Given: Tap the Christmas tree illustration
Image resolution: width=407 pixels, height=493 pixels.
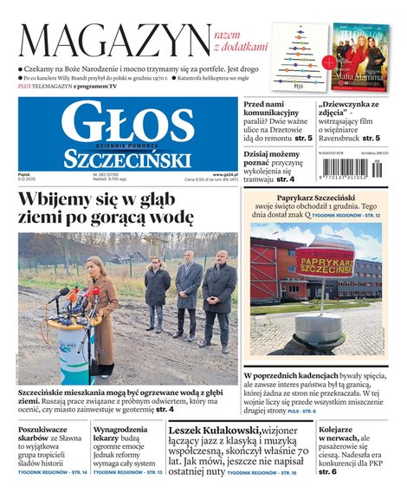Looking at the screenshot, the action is (x=299, y=55).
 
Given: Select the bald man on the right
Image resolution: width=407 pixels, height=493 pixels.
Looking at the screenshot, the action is (x=218, y=298).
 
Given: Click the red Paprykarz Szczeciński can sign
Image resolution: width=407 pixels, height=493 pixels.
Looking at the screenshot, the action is (x=325, y=261).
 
